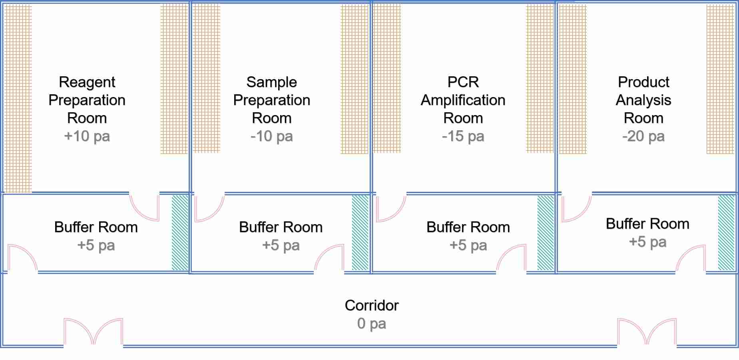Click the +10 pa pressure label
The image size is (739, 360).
pyautogui.click(x=87, y=136)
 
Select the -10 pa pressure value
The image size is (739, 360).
pyautogui.click(x=271, y=136)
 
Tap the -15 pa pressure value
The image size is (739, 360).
pyautogui.click(x=463, y=136)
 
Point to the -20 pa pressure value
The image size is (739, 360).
pyautogui.click(x=643, y=136)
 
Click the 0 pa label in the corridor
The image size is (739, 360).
pyautogui.click(x=371, y=323)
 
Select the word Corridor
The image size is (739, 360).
pyautogui.click(x=371, y=305)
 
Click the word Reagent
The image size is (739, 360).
pyautogui.click(x=87, y=82)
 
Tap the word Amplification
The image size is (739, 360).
pyautogui.click(x=463, y=100)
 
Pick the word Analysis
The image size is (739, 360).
pyautogui.click(x=643, y=100)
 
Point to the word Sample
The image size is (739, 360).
pyautogui.click(x=271, y=82)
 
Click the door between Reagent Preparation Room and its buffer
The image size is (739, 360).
pyautogui.click(x=145, y=207)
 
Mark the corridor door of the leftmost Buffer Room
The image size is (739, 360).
pyautogui.click(x=22, y=259)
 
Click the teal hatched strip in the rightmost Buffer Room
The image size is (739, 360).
pyautogui.click(x=726, y=233)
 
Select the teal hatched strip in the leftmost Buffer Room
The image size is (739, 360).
pyautogui.click(x=180, y=233)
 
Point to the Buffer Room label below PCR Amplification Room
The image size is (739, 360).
pyautogui.click(x=468, y=227)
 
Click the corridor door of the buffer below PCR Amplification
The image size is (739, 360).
pyautogui.click(x=512, y=259)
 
